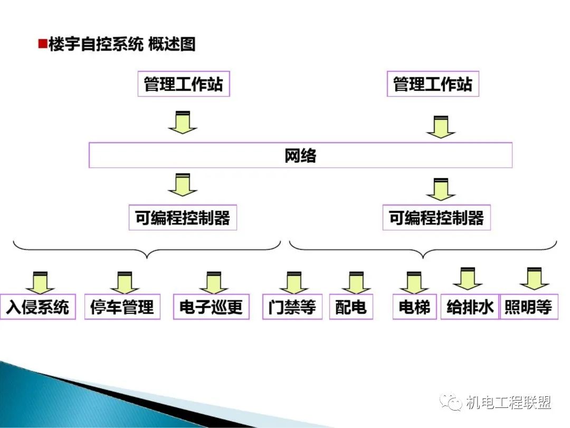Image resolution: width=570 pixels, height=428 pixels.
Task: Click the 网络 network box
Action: tap(300, 155)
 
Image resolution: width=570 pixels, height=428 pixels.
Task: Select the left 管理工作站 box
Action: tap(183, 84)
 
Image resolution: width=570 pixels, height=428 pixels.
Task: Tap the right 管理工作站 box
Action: tap(433, 84)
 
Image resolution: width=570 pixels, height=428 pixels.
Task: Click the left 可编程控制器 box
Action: tap(183, 218)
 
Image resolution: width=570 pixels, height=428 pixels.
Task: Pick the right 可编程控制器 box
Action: tap(436, 218)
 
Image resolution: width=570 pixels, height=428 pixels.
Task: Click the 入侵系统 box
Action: tap(38, 306)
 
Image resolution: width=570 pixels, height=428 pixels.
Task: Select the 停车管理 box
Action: tap(122, 306)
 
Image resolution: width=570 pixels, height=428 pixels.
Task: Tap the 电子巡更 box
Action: tap(211, 306)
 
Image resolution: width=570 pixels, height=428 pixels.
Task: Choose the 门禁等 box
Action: tap(292, 306)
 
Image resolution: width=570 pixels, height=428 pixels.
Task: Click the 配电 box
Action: tap(351, 306)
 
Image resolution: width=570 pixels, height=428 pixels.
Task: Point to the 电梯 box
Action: tap(414, 306)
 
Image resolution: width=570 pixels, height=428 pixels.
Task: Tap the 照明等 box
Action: tap(528, 306)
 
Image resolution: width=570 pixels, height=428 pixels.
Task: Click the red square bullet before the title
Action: tap(42, 44)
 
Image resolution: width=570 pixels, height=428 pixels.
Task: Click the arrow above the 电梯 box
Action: tap(414, 283)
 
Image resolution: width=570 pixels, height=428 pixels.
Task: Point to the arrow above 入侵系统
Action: tap(40, 283)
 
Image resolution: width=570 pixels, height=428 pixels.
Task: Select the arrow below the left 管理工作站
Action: tap(183, 123)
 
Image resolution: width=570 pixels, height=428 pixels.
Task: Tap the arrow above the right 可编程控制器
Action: tap(441, 190)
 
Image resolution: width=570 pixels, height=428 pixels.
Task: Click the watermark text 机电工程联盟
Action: tap(508, 403)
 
